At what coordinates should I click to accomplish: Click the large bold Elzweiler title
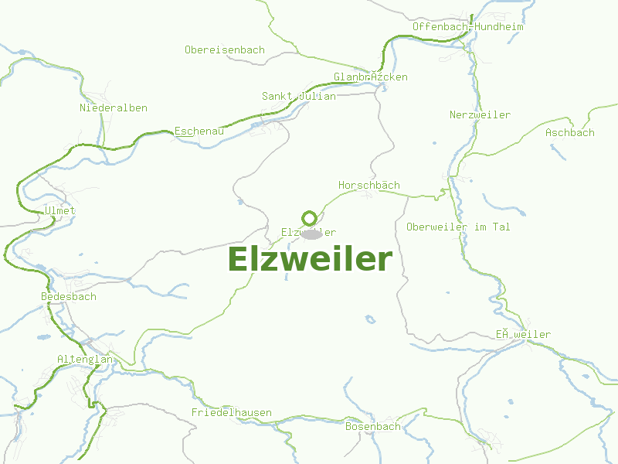tap(310, 259)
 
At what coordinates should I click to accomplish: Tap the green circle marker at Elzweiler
tap(309, 218)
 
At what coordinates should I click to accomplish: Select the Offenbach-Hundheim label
tap(467, 26)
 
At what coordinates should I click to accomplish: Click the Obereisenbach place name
tap(224, 49)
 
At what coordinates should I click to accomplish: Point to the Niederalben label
tap(113, 107)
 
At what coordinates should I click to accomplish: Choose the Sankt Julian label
tap(298, 96)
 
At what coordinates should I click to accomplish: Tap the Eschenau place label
tap(199, 131)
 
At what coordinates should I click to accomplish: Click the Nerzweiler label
tap(480, 114)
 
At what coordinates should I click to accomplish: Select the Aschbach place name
tap(569, 132)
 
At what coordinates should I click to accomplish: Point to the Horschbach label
tap(368, 185)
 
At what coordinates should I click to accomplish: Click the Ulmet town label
tap(59, 210)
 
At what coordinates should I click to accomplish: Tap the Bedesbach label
tap(68, 296)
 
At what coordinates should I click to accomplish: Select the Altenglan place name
tap(84, 359)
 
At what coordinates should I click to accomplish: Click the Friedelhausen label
tap(231, 412)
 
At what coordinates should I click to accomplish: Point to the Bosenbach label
tap(372, 426)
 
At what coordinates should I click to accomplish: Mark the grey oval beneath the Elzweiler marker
tap(312, 234)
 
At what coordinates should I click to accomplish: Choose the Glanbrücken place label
tap(370, 77)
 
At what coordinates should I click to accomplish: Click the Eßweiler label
tap(523, 334)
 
